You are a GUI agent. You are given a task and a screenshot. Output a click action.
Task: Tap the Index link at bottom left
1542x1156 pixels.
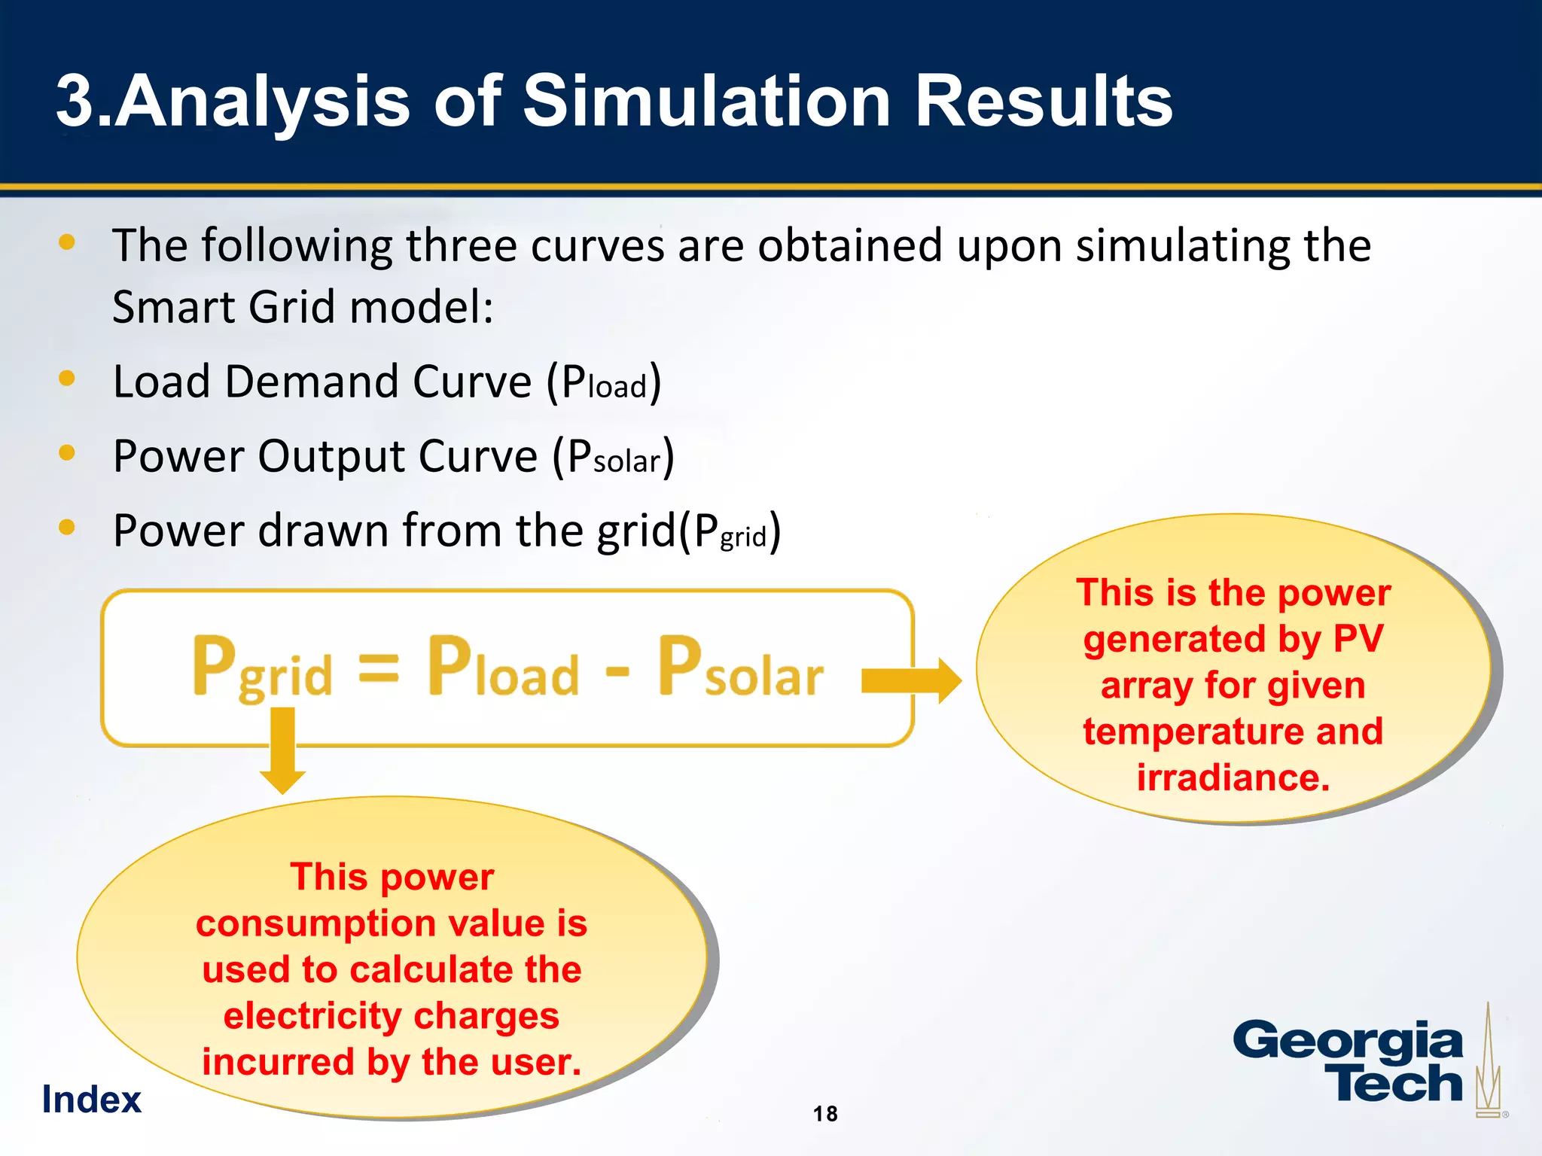pyautogui.click(x=91, y=1100)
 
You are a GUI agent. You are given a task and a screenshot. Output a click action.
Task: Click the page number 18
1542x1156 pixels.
pyautogui.click(x=825, y=1114)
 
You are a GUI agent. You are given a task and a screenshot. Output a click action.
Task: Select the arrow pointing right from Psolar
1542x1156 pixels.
pyautogui.click(x=911, y=680)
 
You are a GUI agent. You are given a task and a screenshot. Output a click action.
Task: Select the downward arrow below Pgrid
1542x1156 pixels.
pyautogui.click(x=282, y=753)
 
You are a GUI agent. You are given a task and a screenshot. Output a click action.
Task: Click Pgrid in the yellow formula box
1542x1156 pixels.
pyautogui.click(x=262, y=668)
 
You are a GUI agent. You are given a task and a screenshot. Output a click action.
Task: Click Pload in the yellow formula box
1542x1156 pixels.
pyautogui.click(x=503, y=668)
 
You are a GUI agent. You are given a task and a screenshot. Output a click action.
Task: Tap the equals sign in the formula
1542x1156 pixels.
pyautogui.click(x=378, y=668)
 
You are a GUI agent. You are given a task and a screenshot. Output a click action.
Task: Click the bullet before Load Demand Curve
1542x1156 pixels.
pyautogui.click(x=67, y=378)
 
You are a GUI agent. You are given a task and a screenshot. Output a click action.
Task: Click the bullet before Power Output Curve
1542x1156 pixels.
pyautogui.click(x=67, y=452)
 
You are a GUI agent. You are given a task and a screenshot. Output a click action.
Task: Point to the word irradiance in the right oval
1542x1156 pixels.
pyautogui.click(x=1233, y=777)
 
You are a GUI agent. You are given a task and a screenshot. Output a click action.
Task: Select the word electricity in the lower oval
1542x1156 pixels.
pyautogui.click(x=312, y=1016)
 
